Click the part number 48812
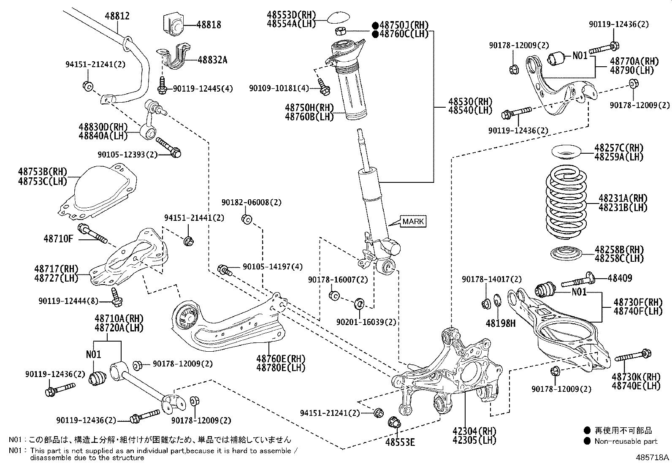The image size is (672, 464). pos(117,16)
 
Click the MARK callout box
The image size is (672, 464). pos(413,221)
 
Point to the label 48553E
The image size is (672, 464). pos(400,442)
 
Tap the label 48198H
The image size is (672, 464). pos(501,323)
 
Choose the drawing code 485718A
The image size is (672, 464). pos(653,457)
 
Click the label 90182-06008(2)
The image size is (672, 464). pos(251,203)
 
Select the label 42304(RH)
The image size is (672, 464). pos(474,431)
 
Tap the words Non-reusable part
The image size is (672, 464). pos(626,441)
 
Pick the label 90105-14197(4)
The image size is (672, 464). pos(273,267)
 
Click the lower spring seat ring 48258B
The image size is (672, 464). pos(566,253)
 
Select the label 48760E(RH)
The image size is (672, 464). pos(281,358)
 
